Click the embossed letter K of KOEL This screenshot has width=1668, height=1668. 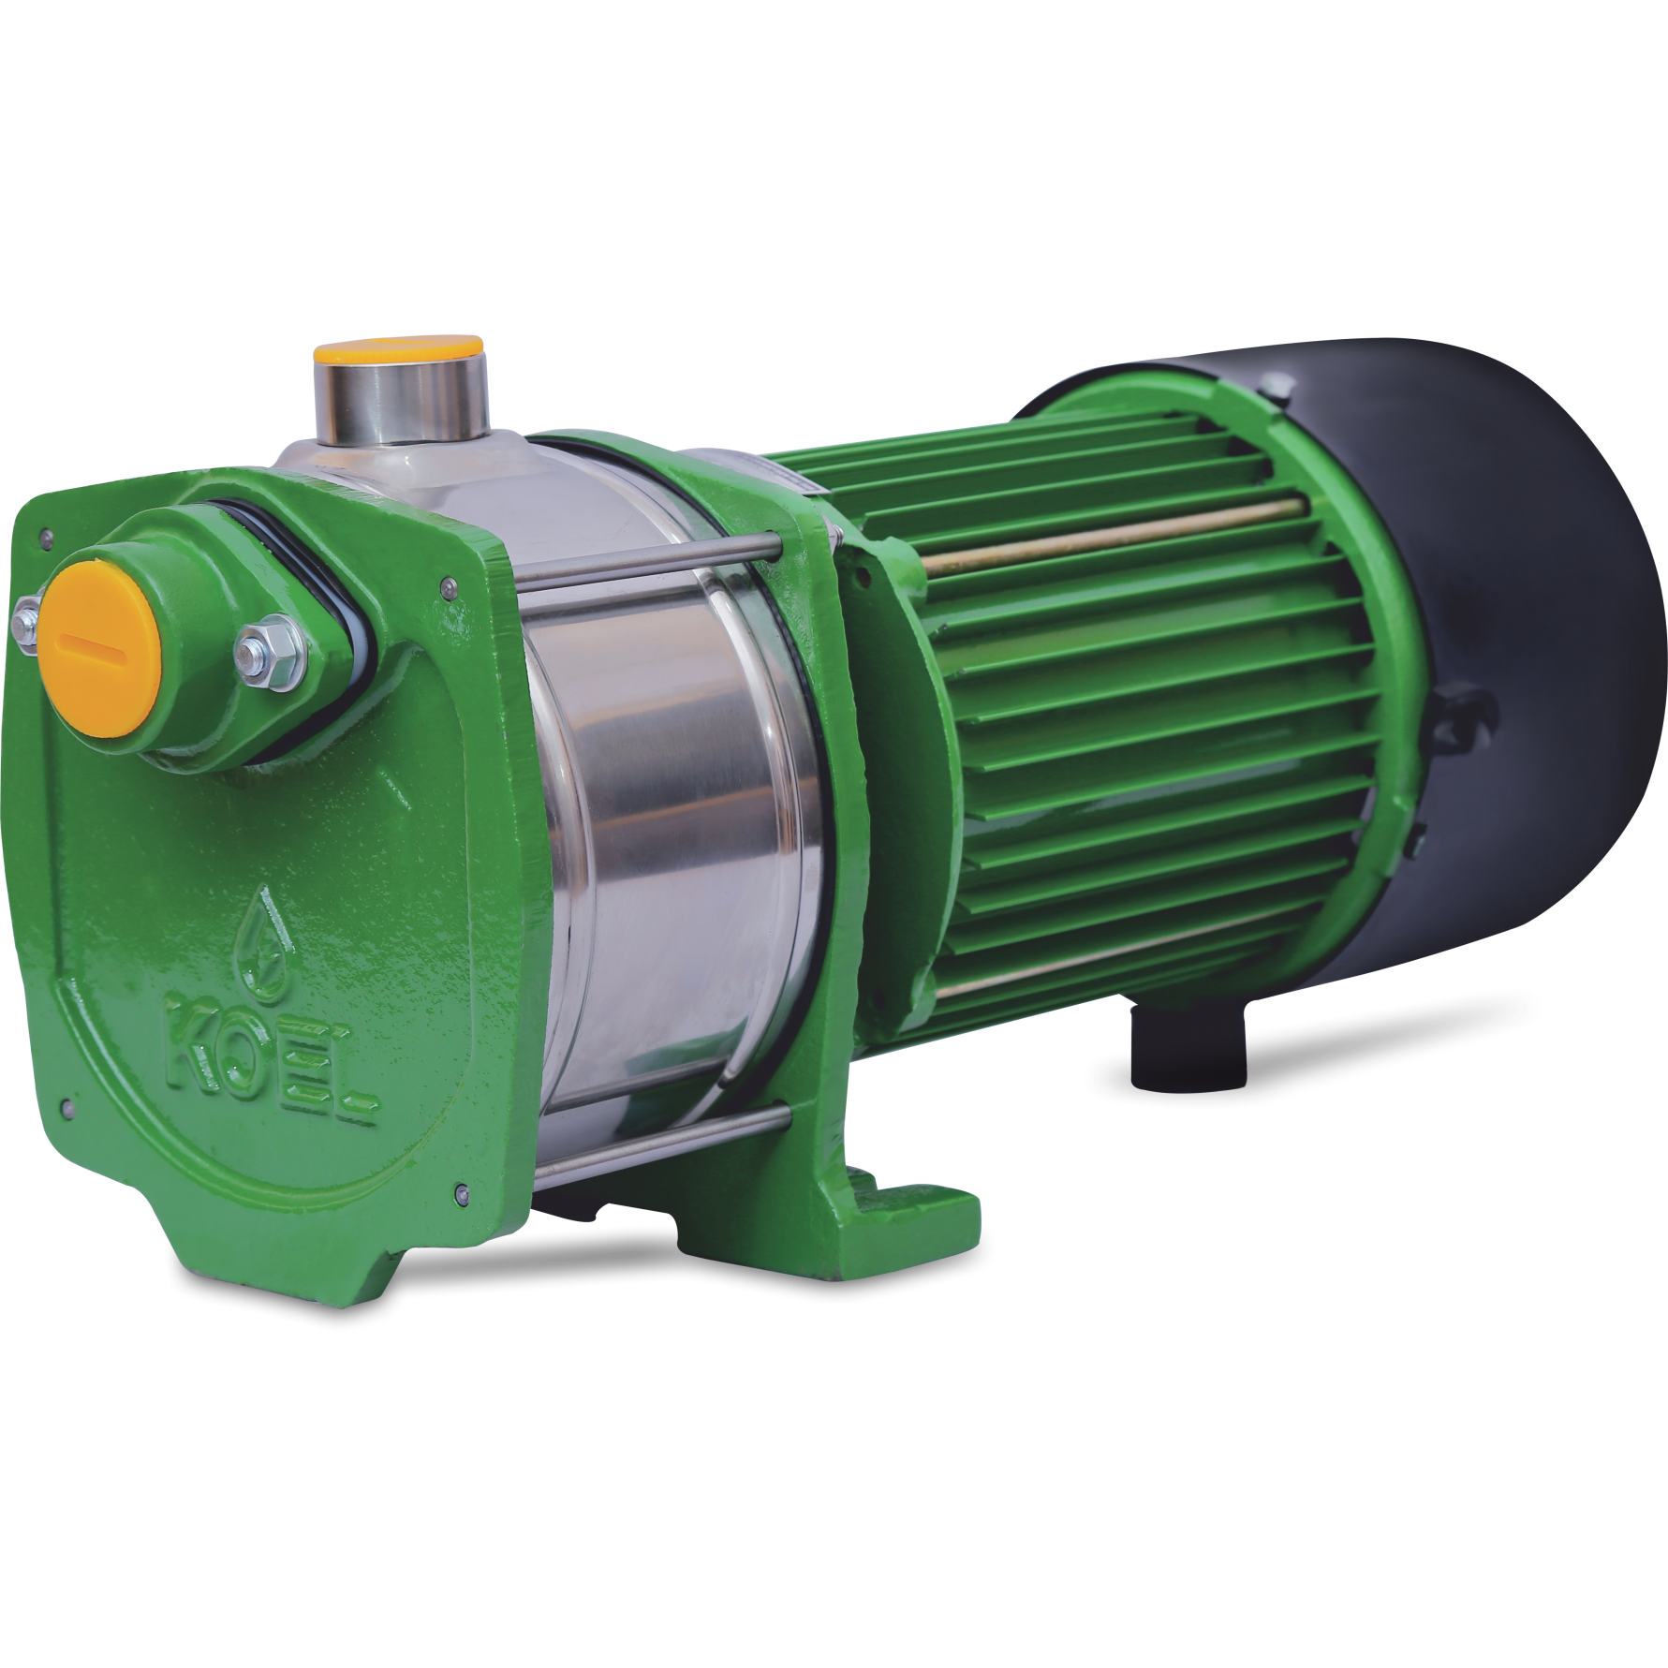[191, 1052]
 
